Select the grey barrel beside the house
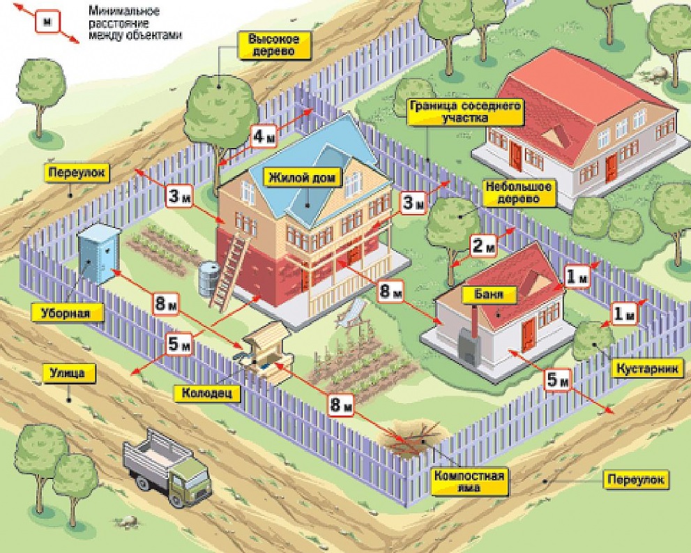pyautogui.click(x=208, y=278)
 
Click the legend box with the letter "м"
pyautogui.click(x=47, y=21)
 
